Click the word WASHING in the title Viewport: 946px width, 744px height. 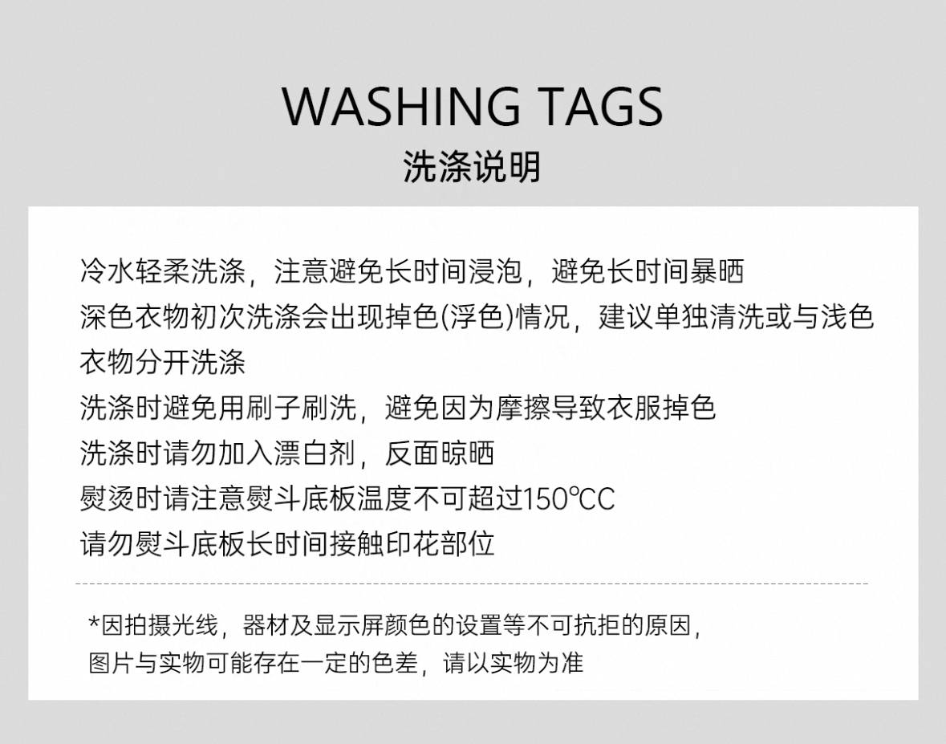(x=401, y=106)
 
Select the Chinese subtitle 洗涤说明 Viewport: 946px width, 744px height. (x=472, y=167)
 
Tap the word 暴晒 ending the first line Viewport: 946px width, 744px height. (x=717, y=271)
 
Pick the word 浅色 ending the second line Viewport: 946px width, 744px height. (x=847, y=317)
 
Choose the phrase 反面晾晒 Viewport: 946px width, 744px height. (x=440, y=453)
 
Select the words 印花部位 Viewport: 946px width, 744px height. (x=440, y=543)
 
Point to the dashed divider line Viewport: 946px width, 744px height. (x=472, y=583)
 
